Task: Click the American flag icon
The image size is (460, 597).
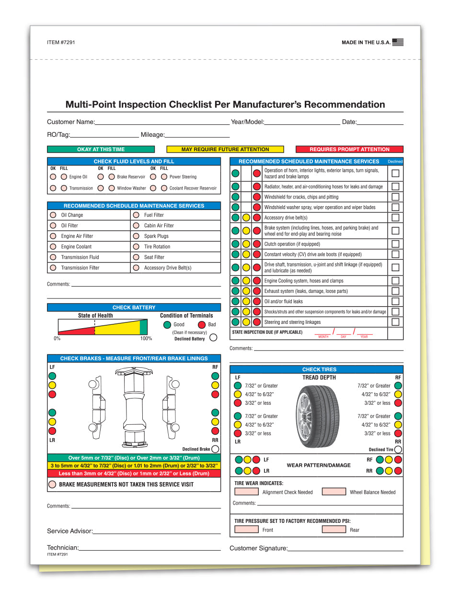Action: click(x=398, y=42)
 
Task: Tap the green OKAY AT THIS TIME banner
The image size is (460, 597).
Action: click(x=101, y=149)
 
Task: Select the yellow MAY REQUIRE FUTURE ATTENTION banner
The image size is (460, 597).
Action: click(x=225, y=149)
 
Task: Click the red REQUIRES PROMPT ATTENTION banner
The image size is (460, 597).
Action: click(x=349, y=149)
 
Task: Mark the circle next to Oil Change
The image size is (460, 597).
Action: click(x=53, y=215)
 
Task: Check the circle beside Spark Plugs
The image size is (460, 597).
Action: click(x=136, y=236)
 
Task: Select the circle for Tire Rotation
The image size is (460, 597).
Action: click(x=136, y=246)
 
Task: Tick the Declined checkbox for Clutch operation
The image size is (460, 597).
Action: click(x=395, y=244)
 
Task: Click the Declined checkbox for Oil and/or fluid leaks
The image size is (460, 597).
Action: click(x=395, y=301)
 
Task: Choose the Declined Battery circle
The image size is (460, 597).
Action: click(x=213, y=338)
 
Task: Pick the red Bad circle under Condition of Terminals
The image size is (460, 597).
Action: click(x=202, y=325)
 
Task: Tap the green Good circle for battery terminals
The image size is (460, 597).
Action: click(x=167, y=325)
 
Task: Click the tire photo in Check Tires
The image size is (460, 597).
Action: click(x=318, y=416)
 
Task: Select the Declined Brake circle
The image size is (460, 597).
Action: click(x=215, y=449)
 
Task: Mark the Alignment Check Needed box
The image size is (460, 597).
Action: click(x=247, y=492)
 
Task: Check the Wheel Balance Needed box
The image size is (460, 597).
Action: click(x=334, y=492)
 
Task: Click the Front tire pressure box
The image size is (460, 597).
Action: click(x=247, y=530)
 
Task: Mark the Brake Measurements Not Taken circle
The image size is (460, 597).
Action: click(x=52, y=485)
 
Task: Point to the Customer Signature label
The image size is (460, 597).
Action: click(x=258, y=548)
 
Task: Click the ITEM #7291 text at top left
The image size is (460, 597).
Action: click(x=61, y=43)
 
